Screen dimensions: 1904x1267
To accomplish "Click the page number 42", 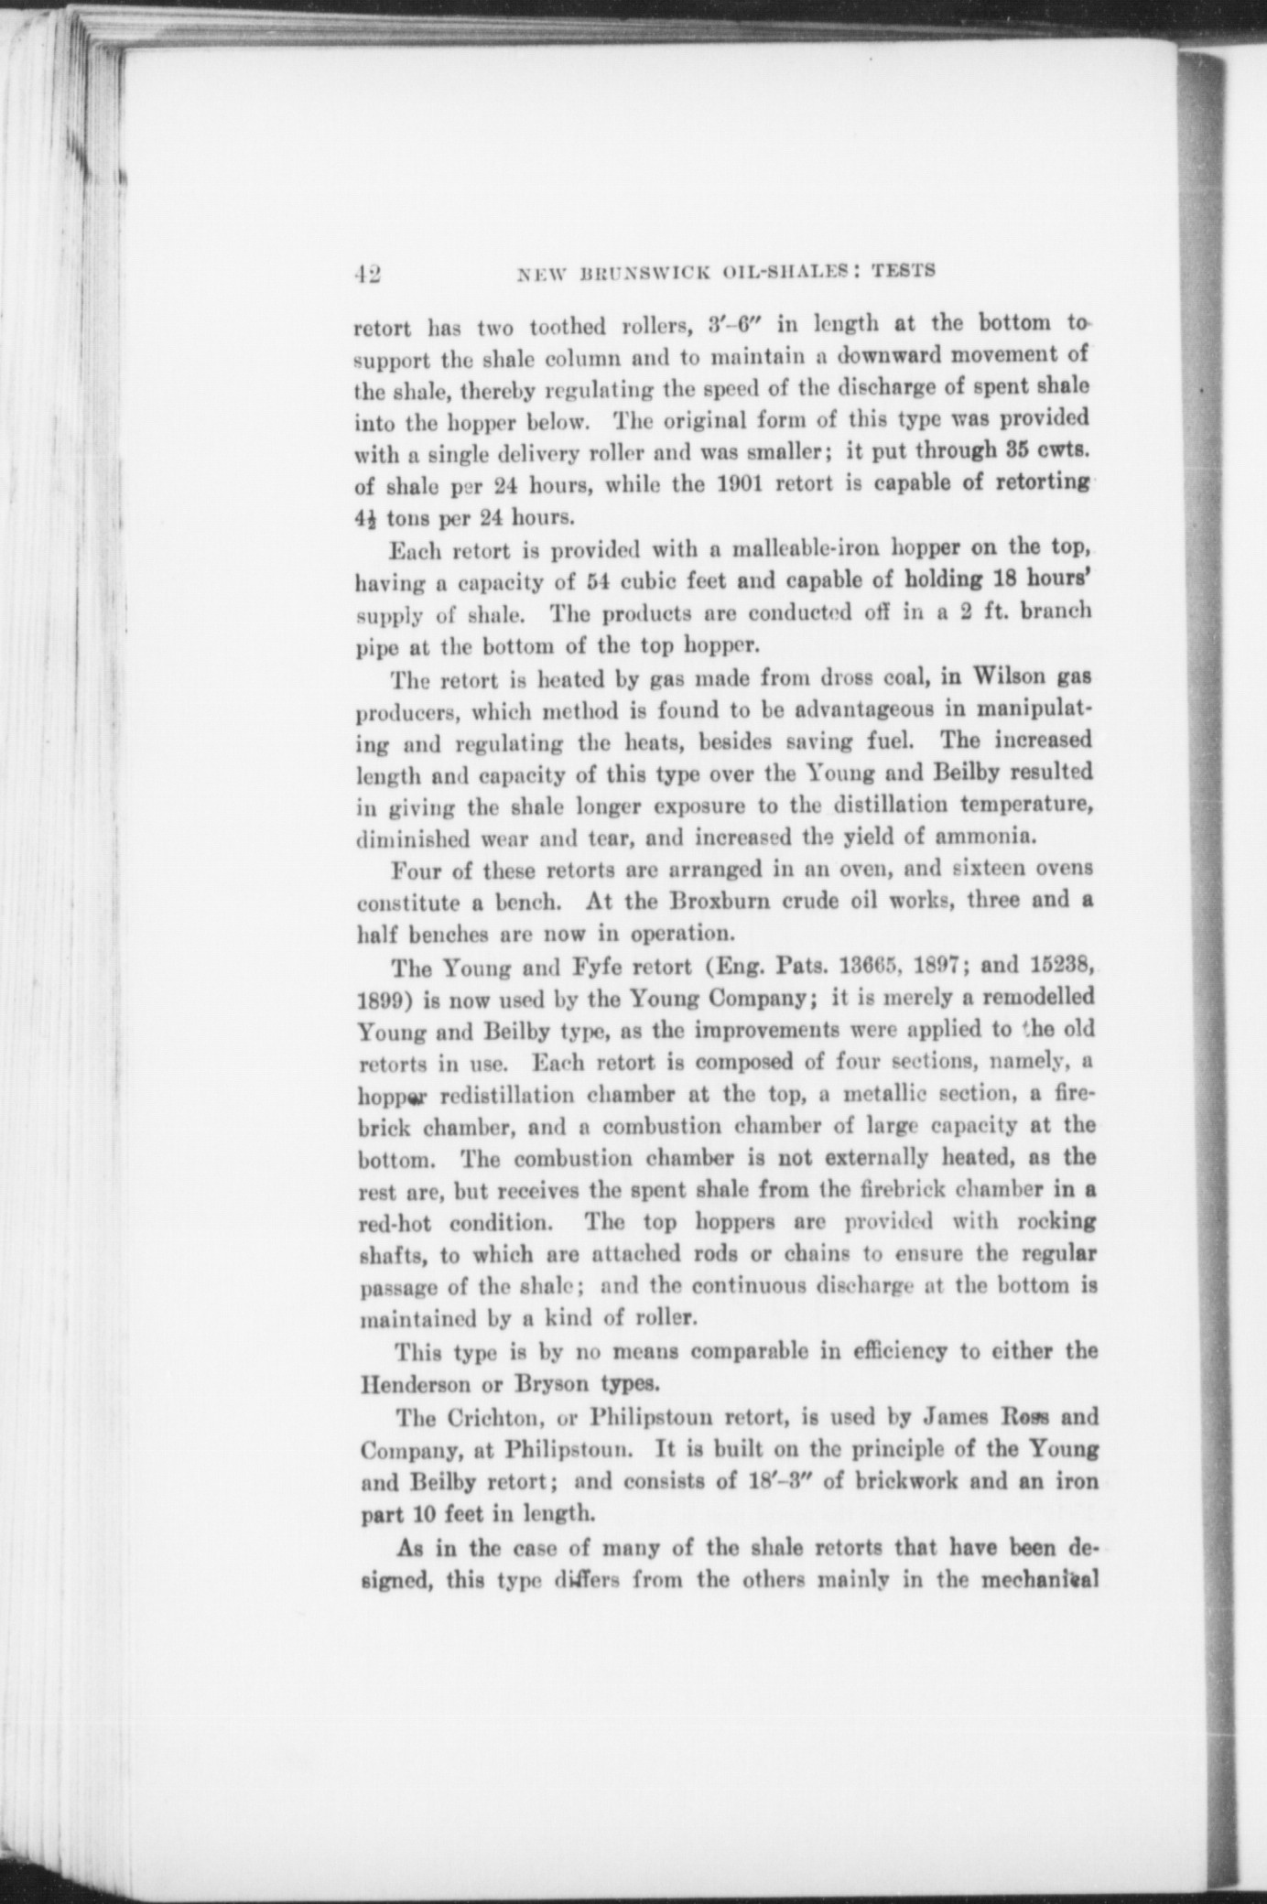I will click(368, 273).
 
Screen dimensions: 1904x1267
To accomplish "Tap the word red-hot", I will click(395, 1224).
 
